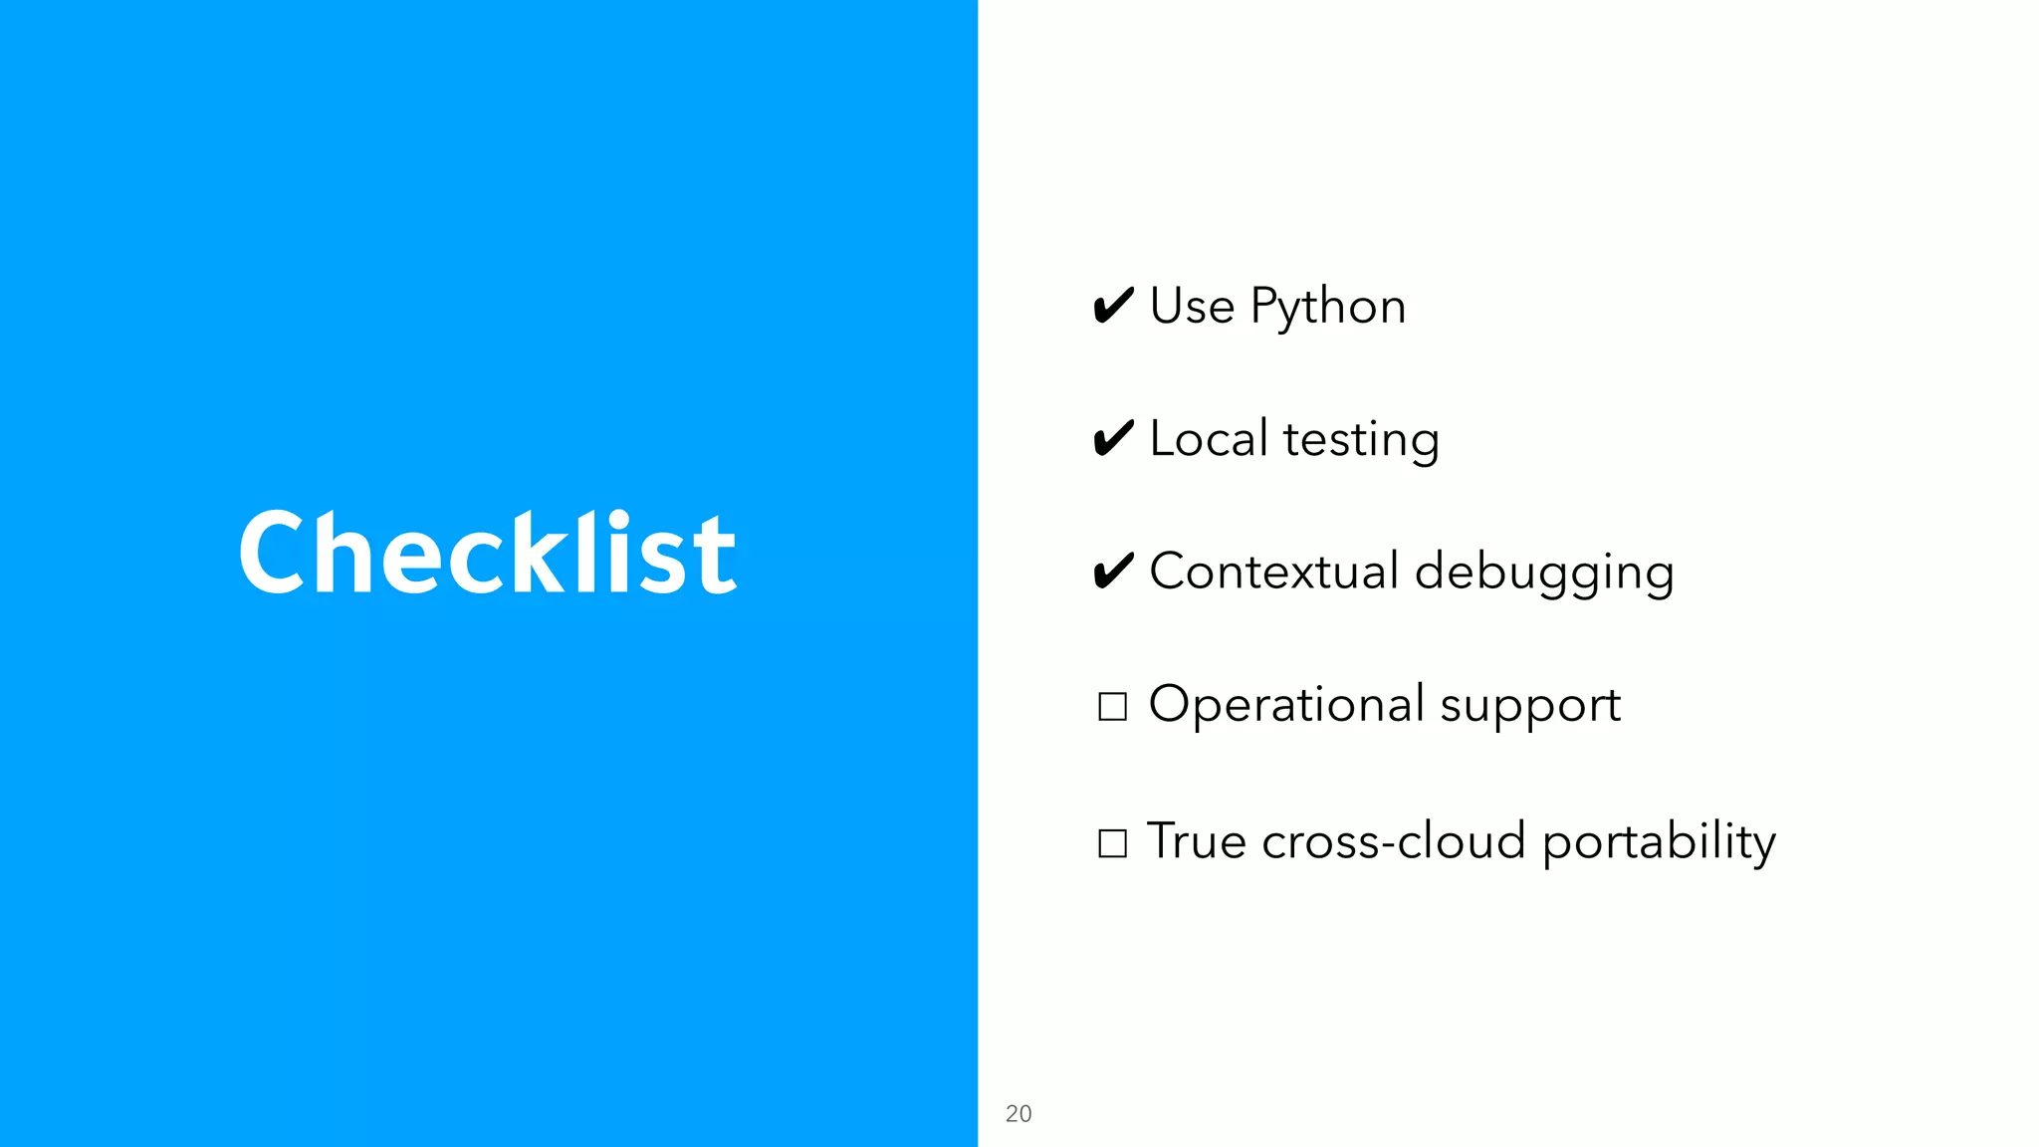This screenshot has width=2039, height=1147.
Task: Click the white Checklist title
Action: tap(487, 553)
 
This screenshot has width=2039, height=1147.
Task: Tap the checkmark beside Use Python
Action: tap(1113, 305)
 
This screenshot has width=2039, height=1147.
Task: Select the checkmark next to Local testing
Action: tap(1113, 438)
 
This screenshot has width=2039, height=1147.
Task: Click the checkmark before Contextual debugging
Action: tap(1113, 571)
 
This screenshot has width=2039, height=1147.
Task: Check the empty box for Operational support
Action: tap(1112, 706)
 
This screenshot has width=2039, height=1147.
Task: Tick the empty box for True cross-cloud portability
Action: tap(1112, 843)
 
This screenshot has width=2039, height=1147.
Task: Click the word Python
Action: tap(1328, 307)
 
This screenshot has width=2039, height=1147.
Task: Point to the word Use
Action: tap(1192, 306)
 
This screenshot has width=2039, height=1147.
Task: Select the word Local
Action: tap(1209, 438)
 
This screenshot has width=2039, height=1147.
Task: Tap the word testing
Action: tap(1361, 440)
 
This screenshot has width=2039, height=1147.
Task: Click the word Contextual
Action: tap(1274, 572)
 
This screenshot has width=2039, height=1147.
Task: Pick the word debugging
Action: tap(1544, 573)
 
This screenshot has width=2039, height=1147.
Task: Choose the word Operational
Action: tap(1286, 705)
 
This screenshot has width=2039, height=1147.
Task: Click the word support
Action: tap(1530, 707)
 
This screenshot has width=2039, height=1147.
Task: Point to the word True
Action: tap(1196, 841)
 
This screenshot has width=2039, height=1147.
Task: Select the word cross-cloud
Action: tap(1394, 841)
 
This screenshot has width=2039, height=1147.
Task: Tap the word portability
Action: tap(1659, 842)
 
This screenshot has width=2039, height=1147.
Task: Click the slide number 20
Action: tap(1019, 1113)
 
